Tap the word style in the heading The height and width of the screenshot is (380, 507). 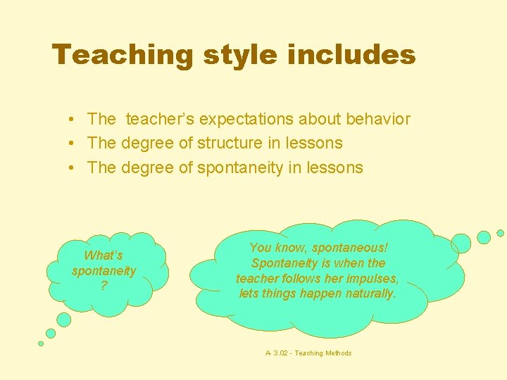coord(234,55)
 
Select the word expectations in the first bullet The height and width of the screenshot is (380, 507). coord(250,120)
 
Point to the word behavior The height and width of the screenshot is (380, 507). coord(378,119)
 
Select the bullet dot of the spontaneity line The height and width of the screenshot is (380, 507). coord(73,168)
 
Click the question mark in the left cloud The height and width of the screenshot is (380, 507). coord(104,285)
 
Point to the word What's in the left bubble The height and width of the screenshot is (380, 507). coord(104,255)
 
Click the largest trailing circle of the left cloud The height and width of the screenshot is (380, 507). coord(63,320)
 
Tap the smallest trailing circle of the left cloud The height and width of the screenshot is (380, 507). coord(41,343)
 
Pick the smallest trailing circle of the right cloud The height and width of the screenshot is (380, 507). coord(500,233)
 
